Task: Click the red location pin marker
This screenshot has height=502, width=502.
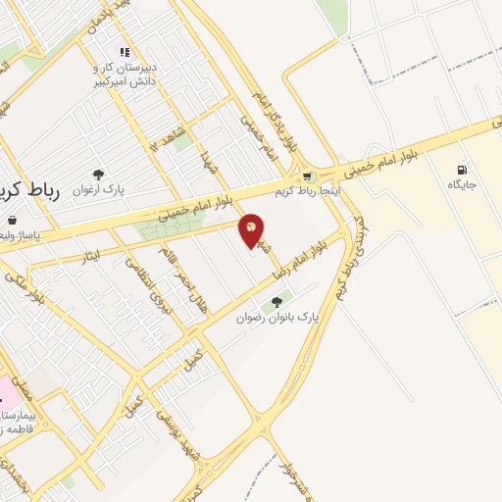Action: (x=252, y=229)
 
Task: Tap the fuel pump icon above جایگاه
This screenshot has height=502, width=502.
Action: (x=462, y=170)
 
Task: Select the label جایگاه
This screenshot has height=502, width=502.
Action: (x=462, y=184)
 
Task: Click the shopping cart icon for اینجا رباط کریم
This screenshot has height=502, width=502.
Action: (x=308, y=176)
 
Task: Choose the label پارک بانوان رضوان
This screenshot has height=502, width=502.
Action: (x=278, y=318)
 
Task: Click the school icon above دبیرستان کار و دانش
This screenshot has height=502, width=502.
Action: (x=124, y=52)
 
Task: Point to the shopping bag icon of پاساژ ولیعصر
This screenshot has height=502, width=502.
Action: (x=12, y=220)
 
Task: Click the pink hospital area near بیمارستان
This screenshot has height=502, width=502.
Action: (x=7, y=391)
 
